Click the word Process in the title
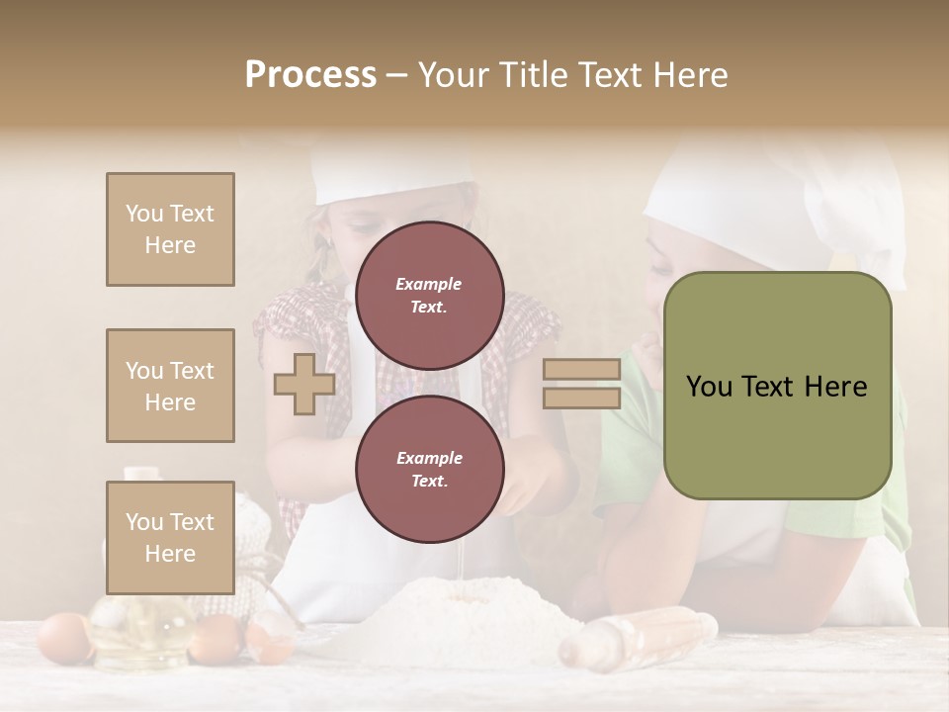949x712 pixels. point(310,75)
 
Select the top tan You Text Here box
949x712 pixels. point(170,229)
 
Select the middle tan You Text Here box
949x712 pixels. point(170,386)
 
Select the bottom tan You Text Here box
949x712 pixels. point(170,537)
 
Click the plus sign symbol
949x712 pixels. point(304,384)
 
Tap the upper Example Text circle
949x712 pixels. point(429,296)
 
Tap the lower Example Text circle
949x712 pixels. point(429,470)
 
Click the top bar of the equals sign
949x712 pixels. point(581,370)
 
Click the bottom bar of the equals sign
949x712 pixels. point(581,398)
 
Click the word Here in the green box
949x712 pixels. point(830,387)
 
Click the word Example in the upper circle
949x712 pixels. point(429,284)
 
